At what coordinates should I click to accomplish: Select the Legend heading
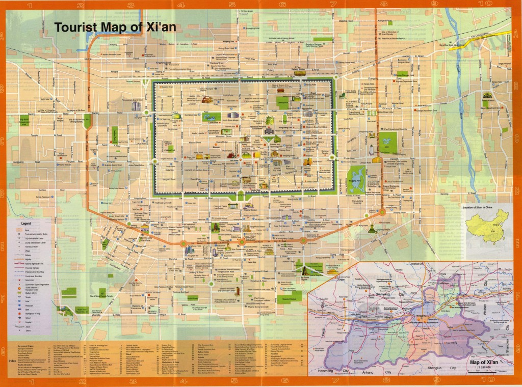coord(26,224)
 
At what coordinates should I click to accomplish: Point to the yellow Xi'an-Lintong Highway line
coord(489,41)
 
